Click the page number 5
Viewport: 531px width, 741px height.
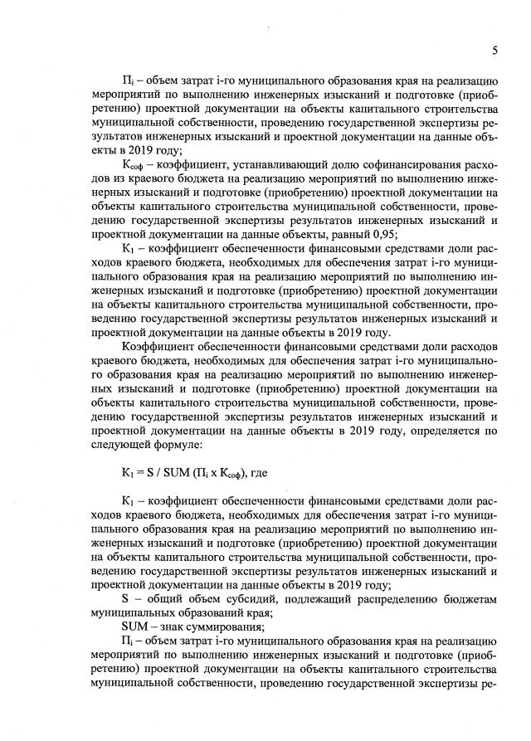click(x=494, y=51)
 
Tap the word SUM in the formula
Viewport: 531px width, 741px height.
click(x=180, y=474)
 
